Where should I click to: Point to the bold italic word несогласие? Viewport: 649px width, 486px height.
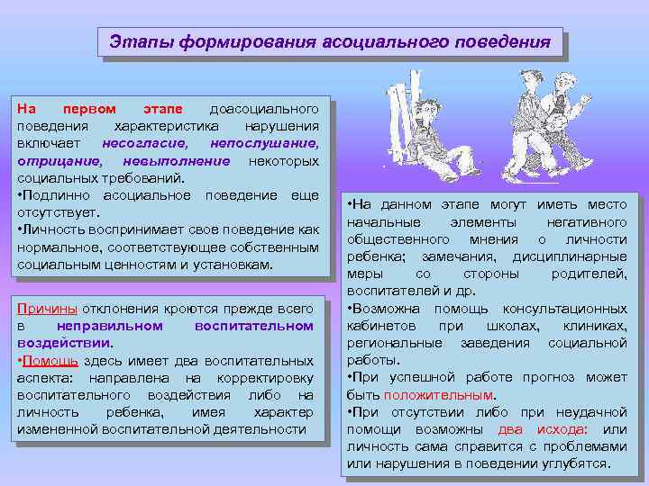tap(143, 142)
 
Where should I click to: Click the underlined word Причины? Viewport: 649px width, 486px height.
tap(48, 309)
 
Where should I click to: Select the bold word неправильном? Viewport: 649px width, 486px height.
tap(108, 325)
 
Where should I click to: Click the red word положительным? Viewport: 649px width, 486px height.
tap(438, 394)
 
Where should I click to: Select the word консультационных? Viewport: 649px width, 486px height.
tap(563, 309)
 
